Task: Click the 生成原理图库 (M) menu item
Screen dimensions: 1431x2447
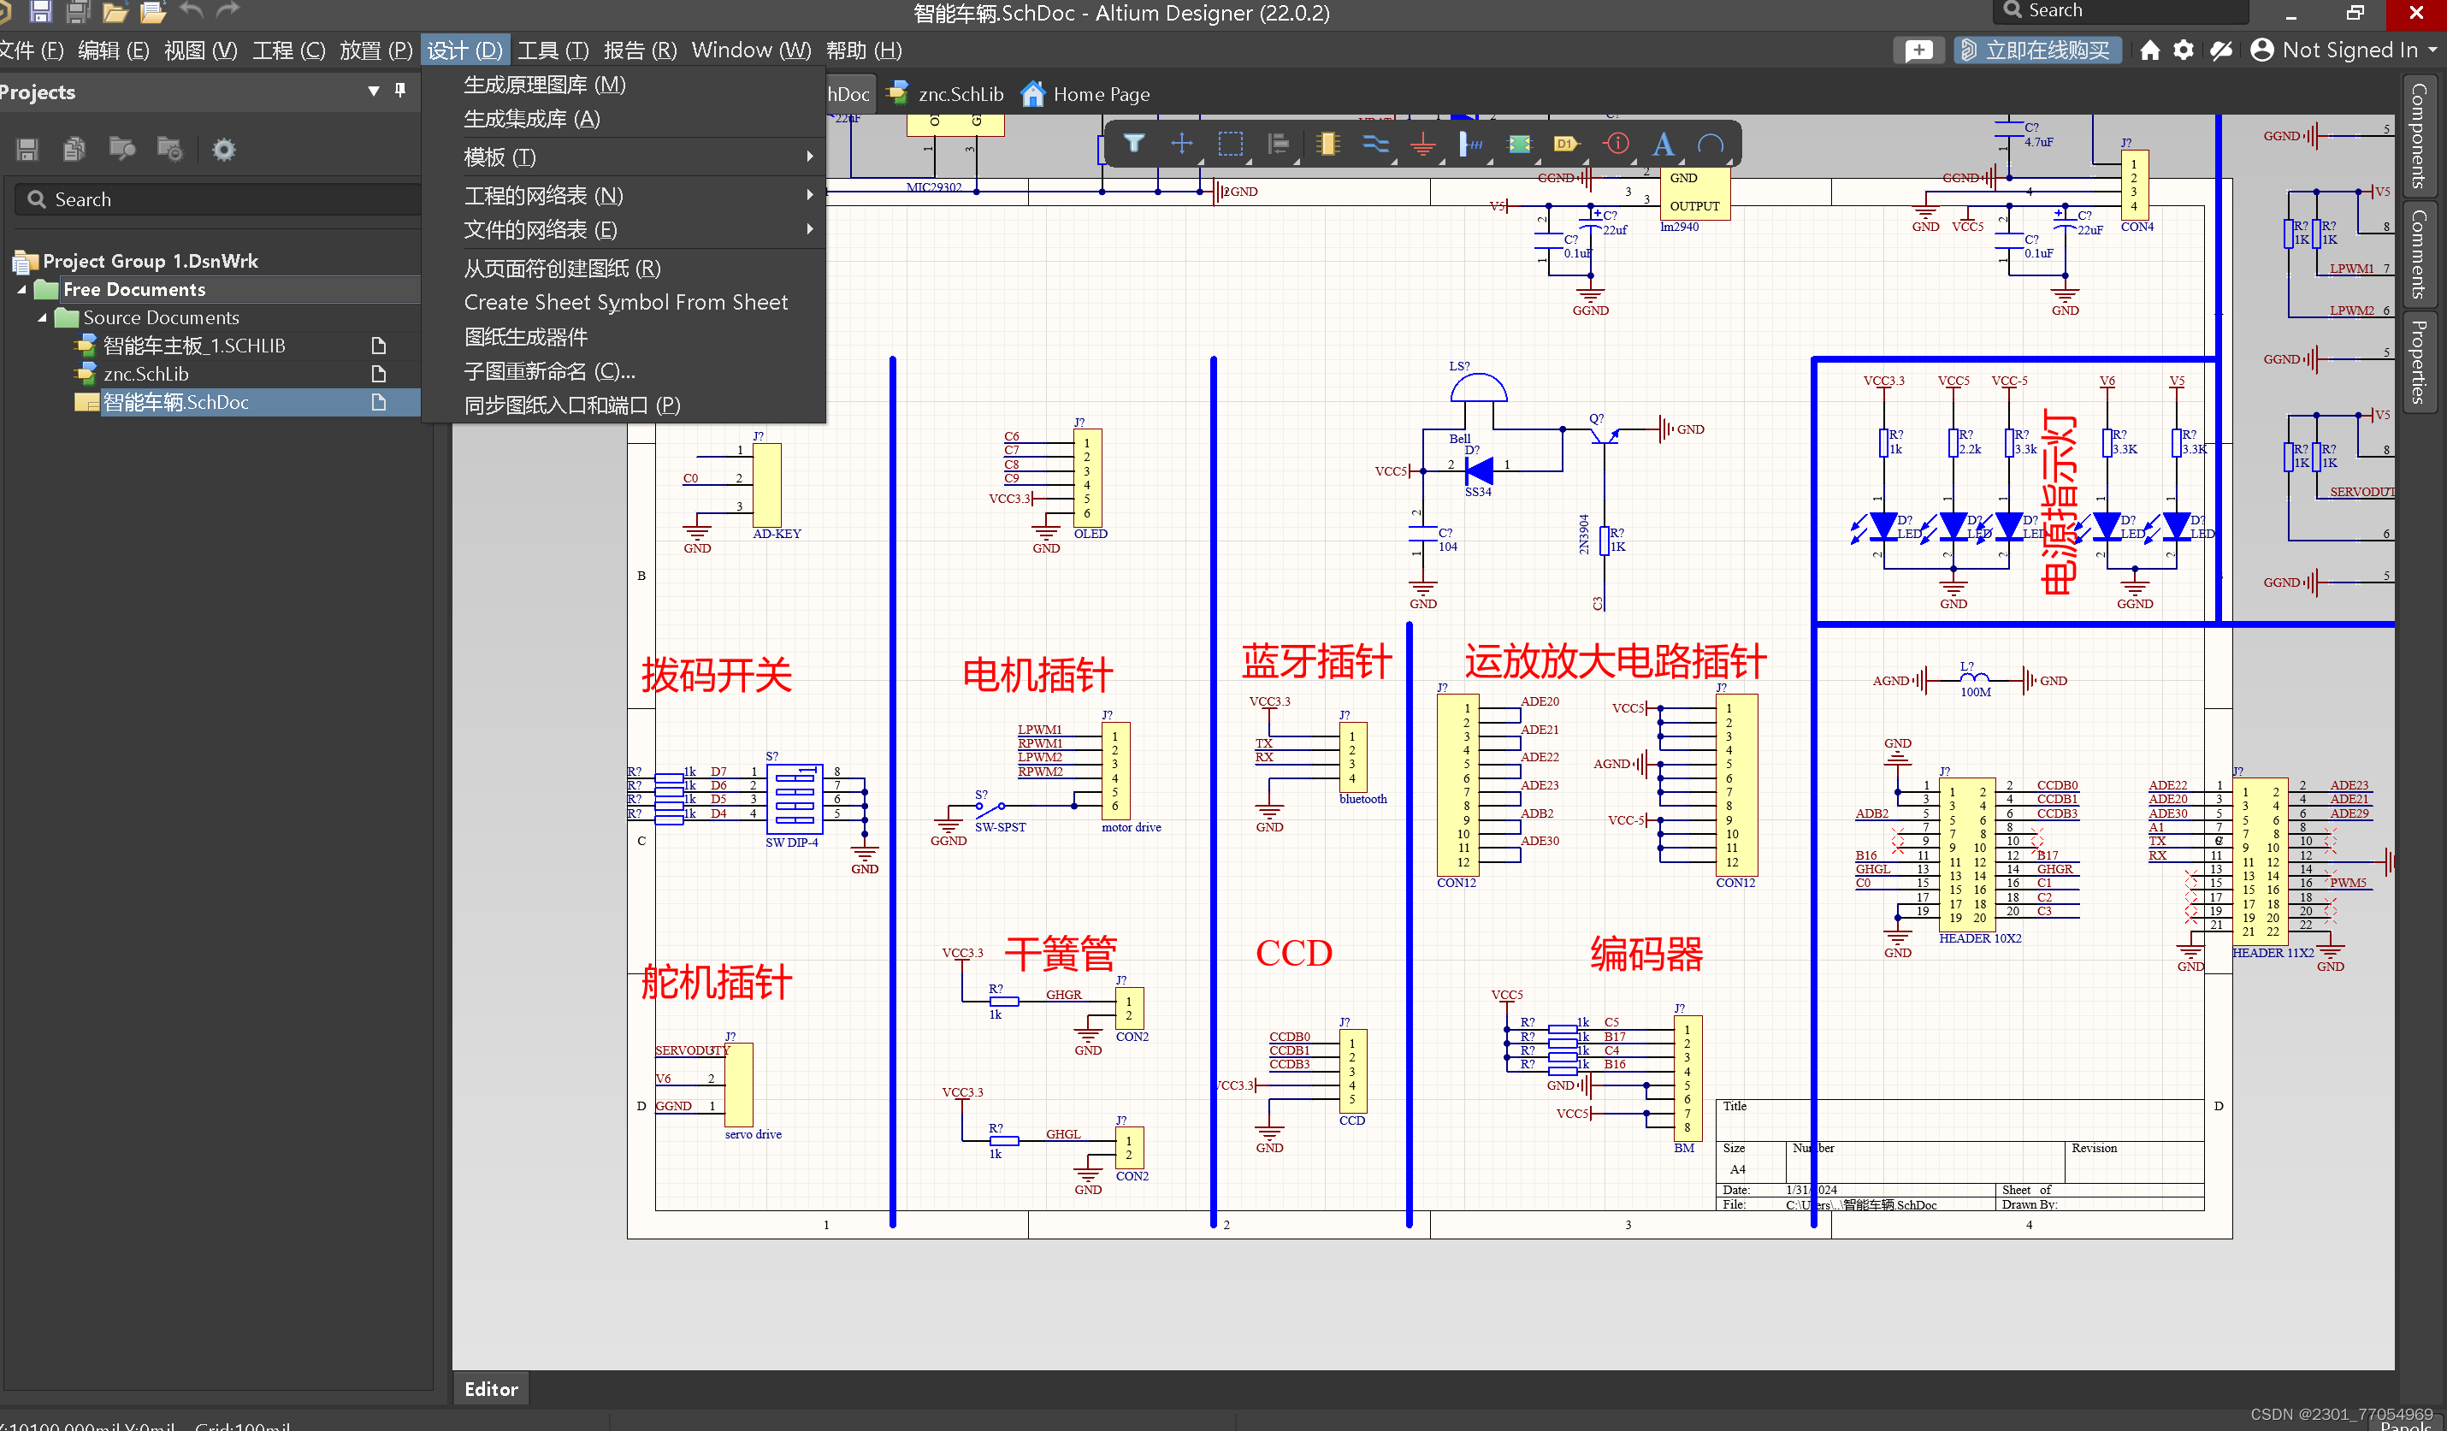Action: pyautogui.click(x=545, y=85)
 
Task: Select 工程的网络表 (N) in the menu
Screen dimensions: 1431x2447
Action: pyautogui.click(x=543, y=195)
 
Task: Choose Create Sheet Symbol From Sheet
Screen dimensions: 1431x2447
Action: pyautogui.click(x=625, y=302)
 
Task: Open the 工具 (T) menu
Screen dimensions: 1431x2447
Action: pyautogui.click(x=553, y=50)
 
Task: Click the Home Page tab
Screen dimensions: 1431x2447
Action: pyautogui.click(x=1099, y=94)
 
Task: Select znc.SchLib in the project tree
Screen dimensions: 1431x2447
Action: pyautogui.click(x=145, y=374)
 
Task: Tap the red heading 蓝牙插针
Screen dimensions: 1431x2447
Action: pyautogui.click(x=1316, y=661)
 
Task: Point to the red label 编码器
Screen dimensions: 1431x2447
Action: pyautogui.click(x=1646, y=954)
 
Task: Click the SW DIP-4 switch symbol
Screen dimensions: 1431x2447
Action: pyautogui.click(x=795, y=799)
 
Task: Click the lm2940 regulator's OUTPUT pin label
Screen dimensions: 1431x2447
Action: pyautogui.click(x=1694, y=206)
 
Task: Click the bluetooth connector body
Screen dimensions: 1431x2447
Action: pyautogui.click(x=1352, y=757)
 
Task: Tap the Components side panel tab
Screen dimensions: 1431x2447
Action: pyautogui.click(x=2419, y=136)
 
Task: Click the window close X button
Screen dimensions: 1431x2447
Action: pyautogui.click(x=2416, y=13)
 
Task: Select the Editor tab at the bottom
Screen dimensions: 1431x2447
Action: pyautogui.click(x=491, y=1388)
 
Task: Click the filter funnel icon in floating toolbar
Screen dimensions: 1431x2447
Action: pyautogui.click(x=1133, y=144)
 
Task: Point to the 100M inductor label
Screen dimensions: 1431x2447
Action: pyautogui.click(x=1975, y=692)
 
